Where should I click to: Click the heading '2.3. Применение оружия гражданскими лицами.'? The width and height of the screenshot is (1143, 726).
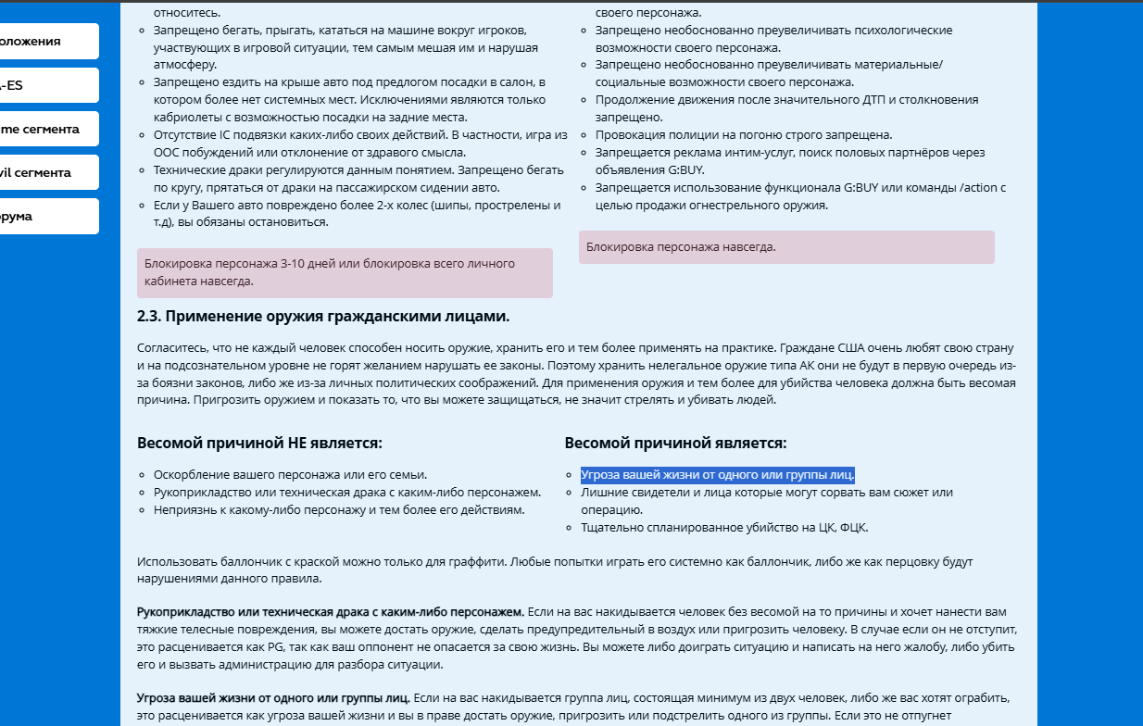coord(323,317)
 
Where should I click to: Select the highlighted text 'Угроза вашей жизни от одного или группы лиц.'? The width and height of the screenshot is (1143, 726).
coord(717,475)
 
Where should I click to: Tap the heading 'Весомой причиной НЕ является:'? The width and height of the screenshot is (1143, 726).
coord(259,444)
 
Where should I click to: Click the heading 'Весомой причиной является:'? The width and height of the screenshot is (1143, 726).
coord(675,444)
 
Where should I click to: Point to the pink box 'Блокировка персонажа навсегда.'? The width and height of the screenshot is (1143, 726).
coord(786,247)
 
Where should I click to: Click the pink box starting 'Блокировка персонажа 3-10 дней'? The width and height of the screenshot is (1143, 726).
coord(345,272)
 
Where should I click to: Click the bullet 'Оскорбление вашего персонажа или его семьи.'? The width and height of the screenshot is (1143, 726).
coord(290,474)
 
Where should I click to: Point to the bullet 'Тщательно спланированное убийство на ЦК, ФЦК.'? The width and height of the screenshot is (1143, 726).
coord(724,528)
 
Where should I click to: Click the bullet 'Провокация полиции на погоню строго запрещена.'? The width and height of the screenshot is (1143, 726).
coord(744,134)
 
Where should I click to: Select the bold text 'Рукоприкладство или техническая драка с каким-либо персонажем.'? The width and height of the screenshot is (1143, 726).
coord(331,612)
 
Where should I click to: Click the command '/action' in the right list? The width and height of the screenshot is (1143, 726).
coord(980,188)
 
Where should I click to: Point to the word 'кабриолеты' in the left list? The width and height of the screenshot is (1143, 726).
coord(185,117)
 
